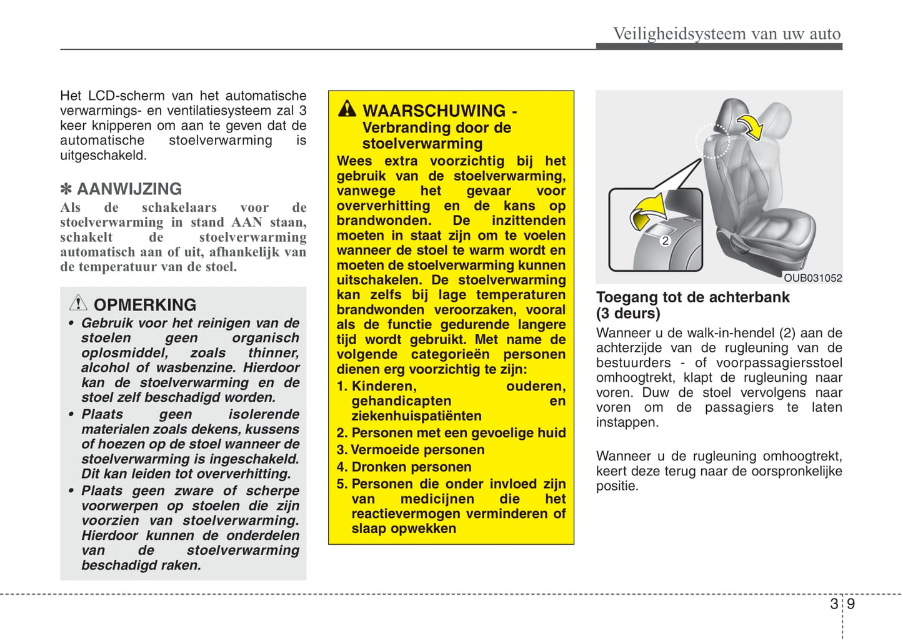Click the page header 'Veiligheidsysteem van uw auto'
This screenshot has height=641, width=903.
click(726, 34)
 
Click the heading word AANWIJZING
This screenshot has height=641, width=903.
click(129, 189)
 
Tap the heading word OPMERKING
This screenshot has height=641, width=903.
click(145, 305)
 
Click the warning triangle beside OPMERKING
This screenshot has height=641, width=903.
click(78, 303)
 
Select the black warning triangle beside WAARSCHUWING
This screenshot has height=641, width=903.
click(347, 109)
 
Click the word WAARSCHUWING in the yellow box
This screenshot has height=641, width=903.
click(434, 111)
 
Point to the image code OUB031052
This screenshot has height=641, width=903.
click(812, 278)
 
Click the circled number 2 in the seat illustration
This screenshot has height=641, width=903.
click(666, 241)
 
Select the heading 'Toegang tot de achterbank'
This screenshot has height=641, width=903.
click(692, 297)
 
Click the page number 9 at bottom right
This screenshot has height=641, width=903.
click(851, 604)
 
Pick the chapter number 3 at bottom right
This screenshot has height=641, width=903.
click(834, 604)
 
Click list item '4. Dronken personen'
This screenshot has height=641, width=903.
click(404, 467)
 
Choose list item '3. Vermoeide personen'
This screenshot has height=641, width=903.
click(411, 450)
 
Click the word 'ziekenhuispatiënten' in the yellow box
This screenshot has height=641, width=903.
click(416, 416)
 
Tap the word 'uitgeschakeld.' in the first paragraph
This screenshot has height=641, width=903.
click(103, 156)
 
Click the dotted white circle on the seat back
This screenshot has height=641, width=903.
click(712, 141)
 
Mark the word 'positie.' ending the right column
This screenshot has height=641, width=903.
click(617, 486)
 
